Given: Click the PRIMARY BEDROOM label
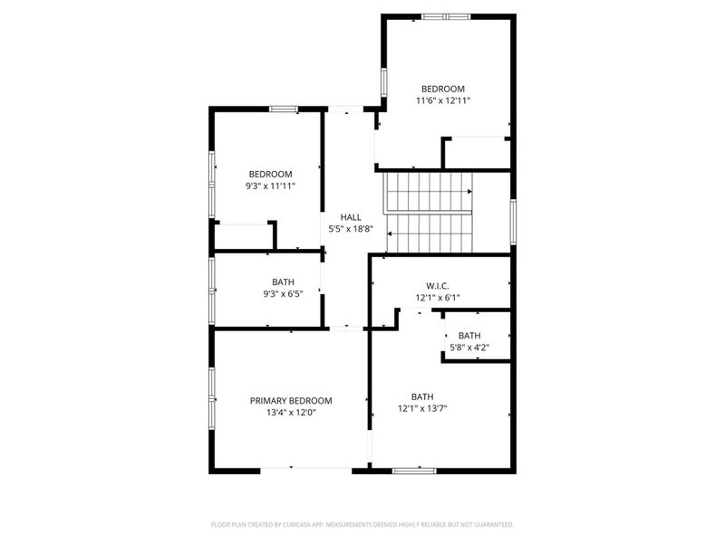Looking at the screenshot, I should click(291, 401).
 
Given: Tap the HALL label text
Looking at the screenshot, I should click(351, 217).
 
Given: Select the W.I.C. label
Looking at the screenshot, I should click(439, 286).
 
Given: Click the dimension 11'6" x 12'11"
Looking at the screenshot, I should click(443, 100).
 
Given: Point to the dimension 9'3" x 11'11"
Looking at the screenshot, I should click(270, 186).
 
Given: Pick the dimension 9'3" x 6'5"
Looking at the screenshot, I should click(282, 293).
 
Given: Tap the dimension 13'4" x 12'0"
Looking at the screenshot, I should click(291, 413).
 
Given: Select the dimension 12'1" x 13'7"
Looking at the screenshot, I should click(422, 408).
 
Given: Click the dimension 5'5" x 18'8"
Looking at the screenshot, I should click(351, 229).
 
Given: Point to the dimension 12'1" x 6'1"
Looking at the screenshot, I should click(439, 297).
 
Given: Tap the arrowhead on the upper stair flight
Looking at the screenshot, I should click(469, 192).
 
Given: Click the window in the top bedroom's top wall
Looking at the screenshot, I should click(446, 15).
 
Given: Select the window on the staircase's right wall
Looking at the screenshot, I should click(513, 222).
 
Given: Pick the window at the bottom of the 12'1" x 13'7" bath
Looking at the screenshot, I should click(414, 471).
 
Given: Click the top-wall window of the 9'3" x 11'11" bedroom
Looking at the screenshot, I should click(284, 109).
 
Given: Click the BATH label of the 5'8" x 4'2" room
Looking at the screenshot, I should click(469, 337).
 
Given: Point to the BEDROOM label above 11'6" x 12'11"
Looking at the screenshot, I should click(443, 89).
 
